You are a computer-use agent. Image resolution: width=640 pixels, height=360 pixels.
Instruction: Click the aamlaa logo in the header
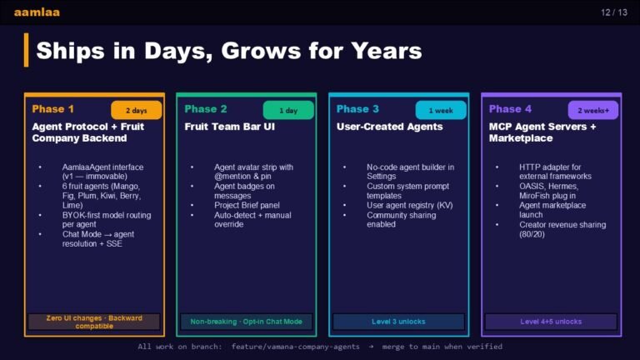pyautogui.click(x=37, y=12)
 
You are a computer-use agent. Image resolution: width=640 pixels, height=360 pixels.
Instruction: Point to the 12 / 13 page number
pyautogui.click(x=614, y=12)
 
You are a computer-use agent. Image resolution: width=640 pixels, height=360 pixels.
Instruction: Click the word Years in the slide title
pyautogui.click(x=387, y=51)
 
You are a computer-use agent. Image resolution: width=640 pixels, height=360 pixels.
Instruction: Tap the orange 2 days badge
pyautogui.click(x=137, y=110)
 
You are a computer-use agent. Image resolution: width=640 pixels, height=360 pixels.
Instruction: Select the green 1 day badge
pyautogui.click(x=288, y=110)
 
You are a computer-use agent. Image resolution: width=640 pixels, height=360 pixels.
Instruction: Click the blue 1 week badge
pyautogui.click(x=441, y=110)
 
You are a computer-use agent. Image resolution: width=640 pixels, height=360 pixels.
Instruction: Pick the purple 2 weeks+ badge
pyautogui.click(x=593, y=110)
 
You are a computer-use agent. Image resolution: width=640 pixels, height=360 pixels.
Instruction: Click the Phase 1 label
pyautogui.click(x=52, y=109)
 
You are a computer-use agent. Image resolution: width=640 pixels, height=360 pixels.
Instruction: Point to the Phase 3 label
pyautogui.click(x=357, y=109)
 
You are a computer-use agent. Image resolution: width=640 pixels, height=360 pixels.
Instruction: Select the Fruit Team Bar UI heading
pyautogui.click(x=229, y=127)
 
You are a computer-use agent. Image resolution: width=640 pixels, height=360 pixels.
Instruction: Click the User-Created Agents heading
pyautogui.click(x=389, y=127)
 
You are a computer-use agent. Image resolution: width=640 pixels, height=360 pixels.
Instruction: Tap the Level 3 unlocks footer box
pyautogui.click(x=398, y=322)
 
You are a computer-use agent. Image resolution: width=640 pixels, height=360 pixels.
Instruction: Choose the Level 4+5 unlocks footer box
pyautogui.click(x=551, y=322)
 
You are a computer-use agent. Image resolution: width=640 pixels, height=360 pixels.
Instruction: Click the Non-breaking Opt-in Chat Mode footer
pyautogui.click(x=246, y=322)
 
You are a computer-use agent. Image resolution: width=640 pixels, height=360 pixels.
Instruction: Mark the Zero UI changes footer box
pyautogui.click(x=94, y=322)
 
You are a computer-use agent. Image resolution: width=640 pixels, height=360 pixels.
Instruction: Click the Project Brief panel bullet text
pyautogui.click(x=247, y=205)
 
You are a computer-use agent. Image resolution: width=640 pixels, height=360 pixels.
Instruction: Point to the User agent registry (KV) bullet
pyautogui.click(x=410, y=205)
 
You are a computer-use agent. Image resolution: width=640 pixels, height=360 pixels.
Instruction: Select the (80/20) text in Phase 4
pyautogui.click(x=532, y=234)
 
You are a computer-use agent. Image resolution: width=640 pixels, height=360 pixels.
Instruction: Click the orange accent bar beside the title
pyautogui.click(x=26, y=50)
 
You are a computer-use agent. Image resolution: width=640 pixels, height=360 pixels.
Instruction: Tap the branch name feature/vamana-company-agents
pyautogui.click(x=296, y=347)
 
